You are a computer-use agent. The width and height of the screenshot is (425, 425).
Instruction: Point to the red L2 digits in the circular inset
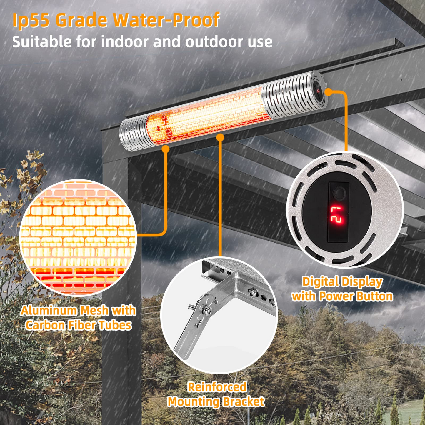[336, 215]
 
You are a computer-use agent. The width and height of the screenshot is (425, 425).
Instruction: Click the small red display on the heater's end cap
[318, 90]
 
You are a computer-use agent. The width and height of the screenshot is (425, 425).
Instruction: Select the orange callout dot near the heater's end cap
[329, 92]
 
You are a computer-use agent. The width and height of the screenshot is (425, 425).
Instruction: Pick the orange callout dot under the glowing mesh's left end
[165, 149]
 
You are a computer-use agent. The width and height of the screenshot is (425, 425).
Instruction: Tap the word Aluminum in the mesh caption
[49, 311]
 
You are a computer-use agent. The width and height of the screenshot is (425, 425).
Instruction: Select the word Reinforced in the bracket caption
[217, 387]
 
